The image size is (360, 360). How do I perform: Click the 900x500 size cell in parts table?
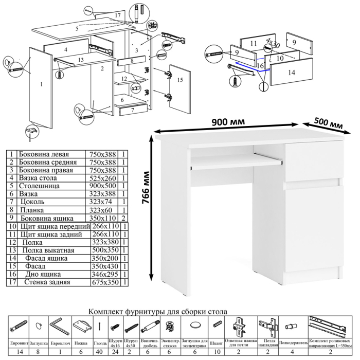pyautogui.click(x=103, y=186)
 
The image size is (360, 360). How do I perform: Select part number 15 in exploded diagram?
pyautogui.click(x=179, y=80)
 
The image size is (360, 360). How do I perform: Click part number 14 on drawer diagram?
pyautogui.click(x=291, y=73)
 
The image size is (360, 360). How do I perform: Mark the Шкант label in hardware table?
pyautogui.click(x=215, y=342)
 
